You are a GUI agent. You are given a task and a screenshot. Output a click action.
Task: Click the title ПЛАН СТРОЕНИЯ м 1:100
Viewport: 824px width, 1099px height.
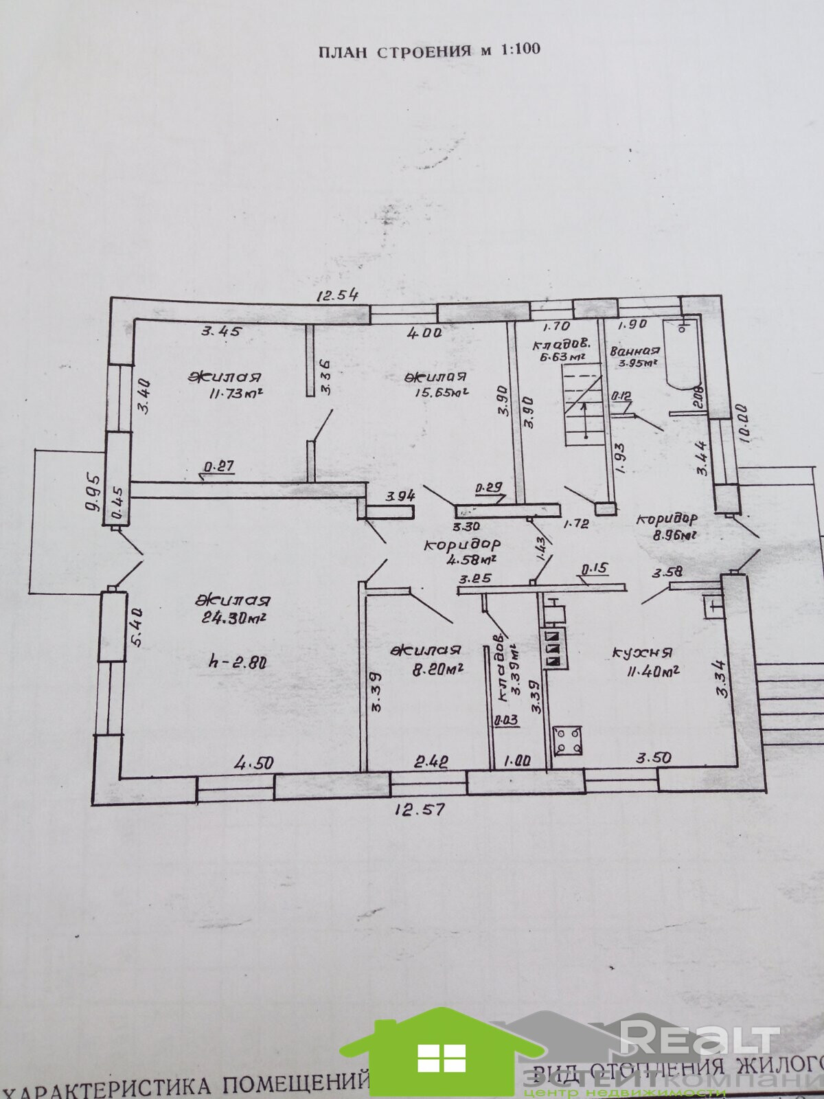point(428,50)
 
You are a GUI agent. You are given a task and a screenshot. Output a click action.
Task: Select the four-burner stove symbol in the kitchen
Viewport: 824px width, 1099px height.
point(567,740)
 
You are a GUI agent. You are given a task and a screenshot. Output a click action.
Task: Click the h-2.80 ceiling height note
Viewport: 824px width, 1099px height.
point(236,663)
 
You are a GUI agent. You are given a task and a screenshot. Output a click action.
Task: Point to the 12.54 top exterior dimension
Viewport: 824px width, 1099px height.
point(337,296)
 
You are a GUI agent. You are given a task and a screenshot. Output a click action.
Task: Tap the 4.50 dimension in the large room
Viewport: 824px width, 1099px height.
point(254,763)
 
